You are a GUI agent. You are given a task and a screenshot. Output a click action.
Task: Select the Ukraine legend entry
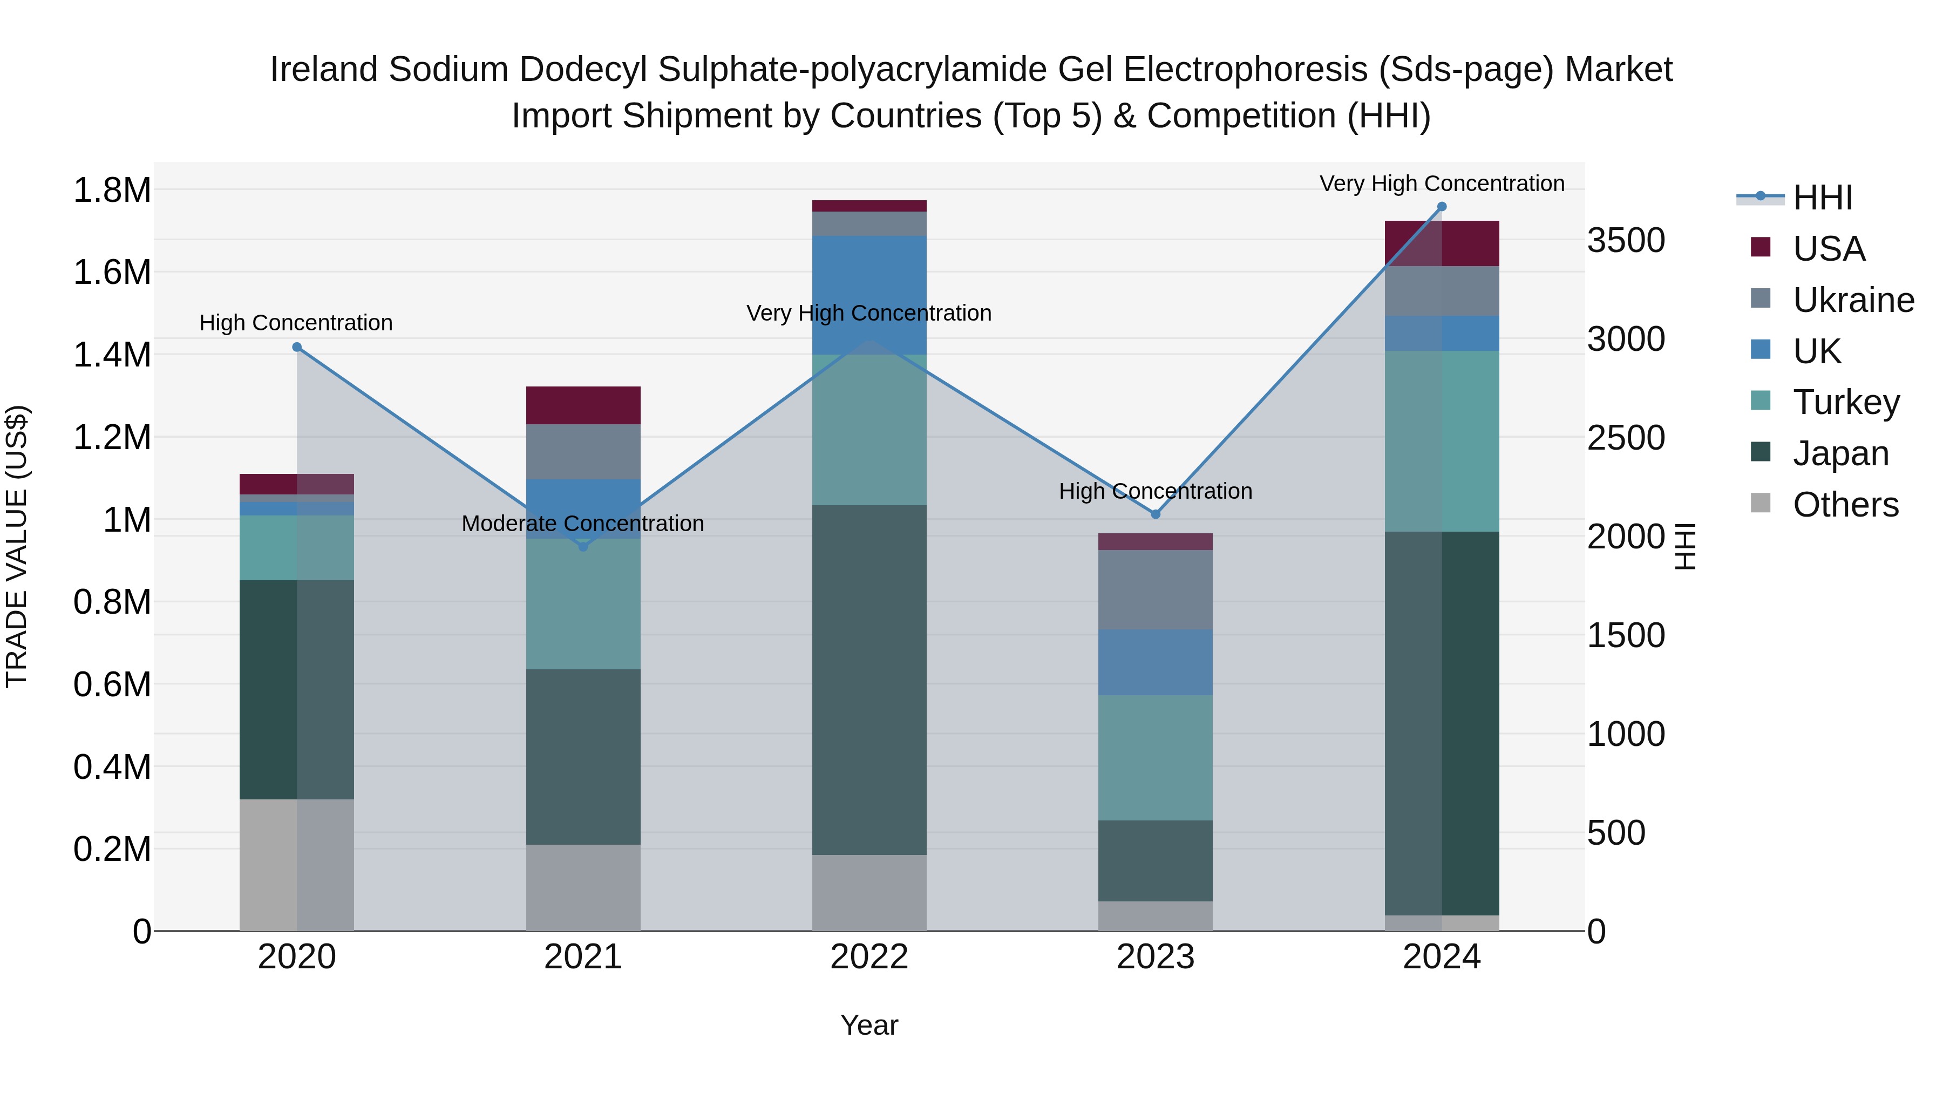click(1852, 300)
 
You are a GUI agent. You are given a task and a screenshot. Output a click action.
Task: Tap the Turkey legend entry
click(1845, 402)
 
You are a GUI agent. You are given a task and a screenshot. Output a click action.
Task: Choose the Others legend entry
click(1845, 505)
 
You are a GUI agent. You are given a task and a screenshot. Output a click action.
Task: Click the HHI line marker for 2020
click(297, 347)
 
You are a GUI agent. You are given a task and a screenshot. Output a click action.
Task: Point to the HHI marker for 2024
click(1442, 207)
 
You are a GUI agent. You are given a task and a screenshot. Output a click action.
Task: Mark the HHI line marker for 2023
click(1156, 514)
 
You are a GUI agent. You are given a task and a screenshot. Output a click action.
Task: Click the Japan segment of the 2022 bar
click(869, 679)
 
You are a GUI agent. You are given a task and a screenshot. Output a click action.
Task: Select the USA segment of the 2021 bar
click(583, 405)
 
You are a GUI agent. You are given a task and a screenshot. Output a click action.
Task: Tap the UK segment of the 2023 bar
click(1156, 662)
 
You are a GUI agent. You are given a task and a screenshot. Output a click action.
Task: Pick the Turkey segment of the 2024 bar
click(1442, 442)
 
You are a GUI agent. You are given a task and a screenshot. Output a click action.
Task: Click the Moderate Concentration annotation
click(582, 524)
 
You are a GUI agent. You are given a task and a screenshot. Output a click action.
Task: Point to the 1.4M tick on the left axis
click(112, 355)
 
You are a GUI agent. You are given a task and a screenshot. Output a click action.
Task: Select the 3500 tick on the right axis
click(1626, 241)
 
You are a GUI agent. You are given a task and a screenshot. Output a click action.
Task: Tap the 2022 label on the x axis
click(869, 957)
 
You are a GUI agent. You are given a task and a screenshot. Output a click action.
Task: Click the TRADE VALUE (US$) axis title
click(17, 546)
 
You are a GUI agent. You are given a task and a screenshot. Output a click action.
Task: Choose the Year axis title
click(869, 1025)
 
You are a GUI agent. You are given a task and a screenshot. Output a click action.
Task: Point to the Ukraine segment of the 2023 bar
click(1156, 590)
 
